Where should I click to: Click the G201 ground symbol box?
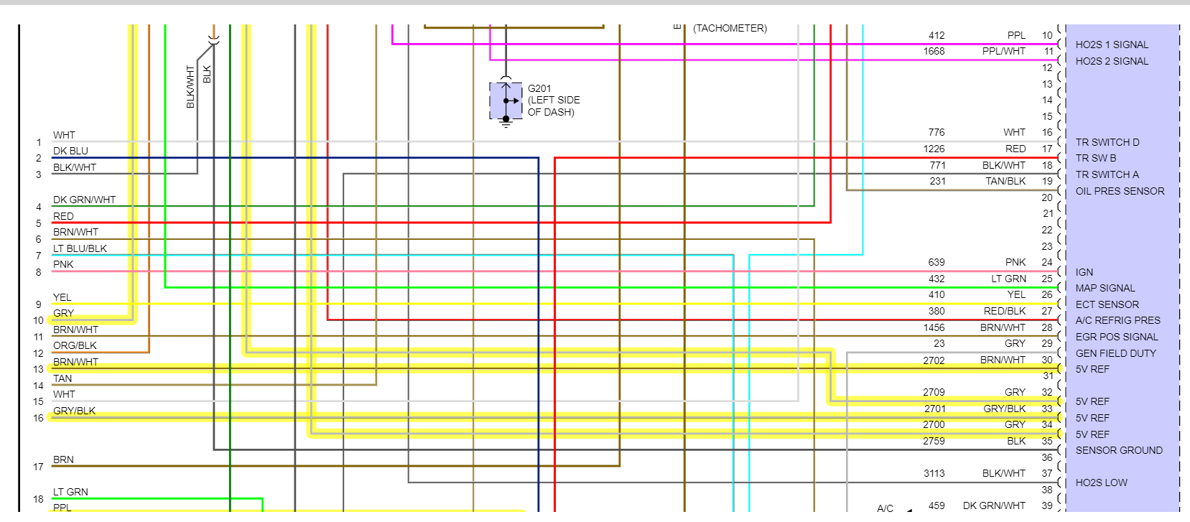(x=506, y=101)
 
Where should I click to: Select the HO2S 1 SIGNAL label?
(x=1112, y=45)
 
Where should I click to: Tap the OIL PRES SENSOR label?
(x=1120, y=191)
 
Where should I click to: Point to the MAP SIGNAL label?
(x=1105, y=288)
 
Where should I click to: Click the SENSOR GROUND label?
(x=1119, y=450)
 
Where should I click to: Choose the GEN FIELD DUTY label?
(x=1115, y=353)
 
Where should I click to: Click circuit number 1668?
(x=934, y=51)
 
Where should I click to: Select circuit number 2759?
(x=934, y=441)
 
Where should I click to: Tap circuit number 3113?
(x=934, y=473)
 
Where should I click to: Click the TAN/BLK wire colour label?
(x=1005, y=181)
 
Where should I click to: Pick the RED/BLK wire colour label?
(x=1005, y=311)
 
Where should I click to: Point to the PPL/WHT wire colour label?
(x=1003, y=51)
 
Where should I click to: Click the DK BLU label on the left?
(x=70, y=151)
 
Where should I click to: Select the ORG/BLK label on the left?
(x=75, y=345)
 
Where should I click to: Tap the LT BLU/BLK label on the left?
(x=80, y=248)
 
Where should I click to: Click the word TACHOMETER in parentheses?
(x=730, y=28)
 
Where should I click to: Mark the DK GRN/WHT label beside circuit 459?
(x=994, y=505)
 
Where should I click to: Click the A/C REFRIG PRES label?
(x=1117, y=320)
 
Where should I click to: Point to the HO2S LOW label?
(x=1101, y=483)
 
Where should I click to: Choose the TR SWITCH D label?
(x=1107, y=142)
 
